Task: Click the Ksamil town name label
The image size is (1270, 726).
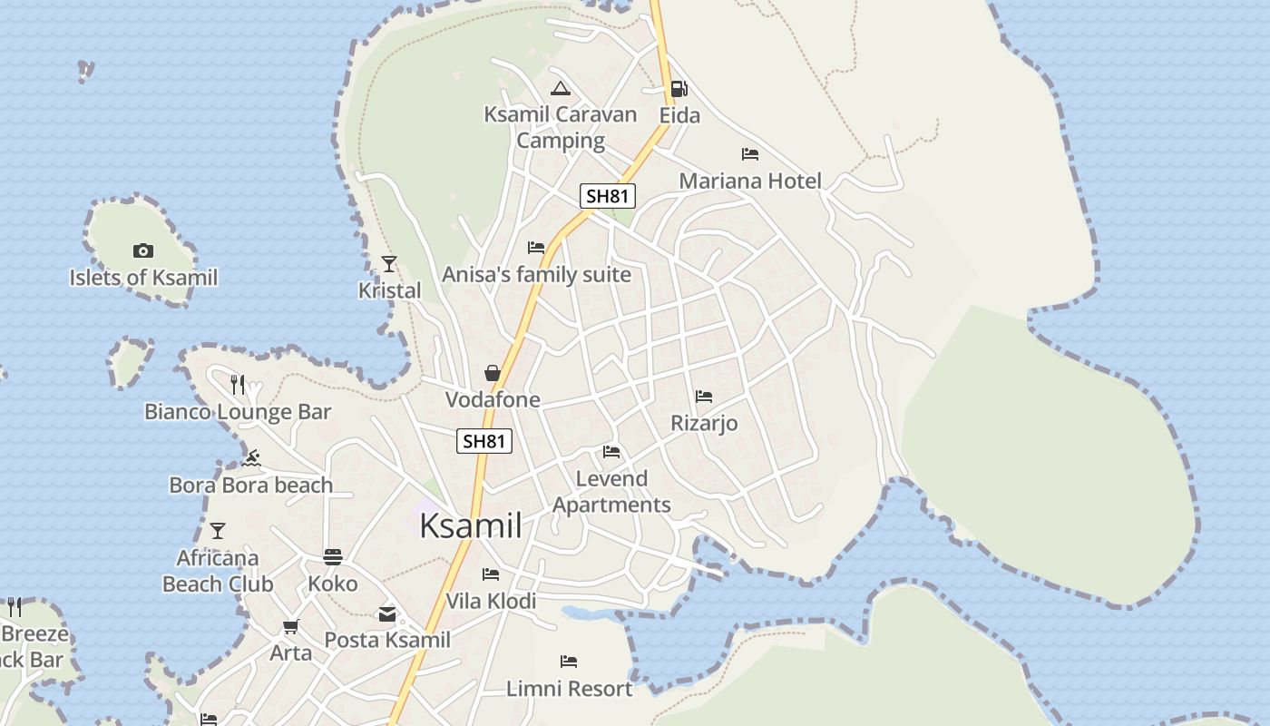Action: pyautogui.click(x=471, y=525)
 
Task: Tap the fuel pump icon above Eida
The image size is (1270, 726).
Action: pyautogui.click(x=679, y=89)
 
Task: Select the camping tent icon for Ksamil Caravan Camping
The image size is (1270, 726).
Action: pyautogui.click(x=560, y=88)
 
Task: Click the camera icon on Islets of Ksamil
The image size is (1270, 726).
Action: pyautogui.click(x=143, y=251)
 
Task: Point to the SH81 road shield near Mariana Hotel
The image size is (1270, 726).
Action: pyautogui.click(x=608, y=195)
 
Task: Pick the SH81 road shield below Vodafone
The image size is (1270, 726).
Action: pyautogui.click(x=484, y=441)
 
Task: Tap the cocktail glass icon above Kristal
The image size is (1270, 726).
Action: pyautogui.click(x=389, y=264)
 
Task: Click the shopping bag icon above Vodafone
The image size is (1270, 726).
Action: pyautogui.click(x=492, y=373)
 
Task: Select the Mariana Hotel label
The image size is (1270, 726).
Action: pyautogui.click(x=750, y=181)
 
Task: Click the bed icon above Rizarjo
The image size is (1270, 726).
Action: pyautogui.click(x=703, y=397)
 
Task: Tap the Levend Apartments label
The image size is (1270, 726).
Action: pyautogui.click(x=611, y=492)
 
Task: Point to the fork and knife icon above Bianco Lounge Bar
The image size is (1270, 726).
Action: pyautogui.click(x=238, y=385)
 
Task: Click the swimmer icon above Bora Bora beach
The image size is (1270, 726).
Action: pyautogui.click(x=252, y=458)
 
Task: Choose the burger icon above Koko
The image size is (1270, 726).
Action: pyautogui.click(x=333, y=557)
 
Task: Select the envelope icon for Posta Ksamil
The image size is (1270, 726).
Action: pyautogui.click(x=387, y=614)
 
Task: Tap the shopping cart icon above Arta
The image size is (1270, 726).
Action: pyautogui.click(x=290, y=627)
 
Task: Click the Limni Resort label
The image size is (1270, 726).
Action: pyautogui.click(x=569, y=689)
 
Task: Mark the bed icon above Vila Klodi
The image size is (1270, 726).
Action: pyautogui.click(x=491, y=574)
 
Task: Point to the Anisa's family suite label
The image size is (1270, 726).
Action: pyautogui.click(x=536, y=274)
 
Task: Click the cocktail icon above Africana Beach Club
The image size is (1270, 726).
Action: pyautogui.click(x=218, y=531)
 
